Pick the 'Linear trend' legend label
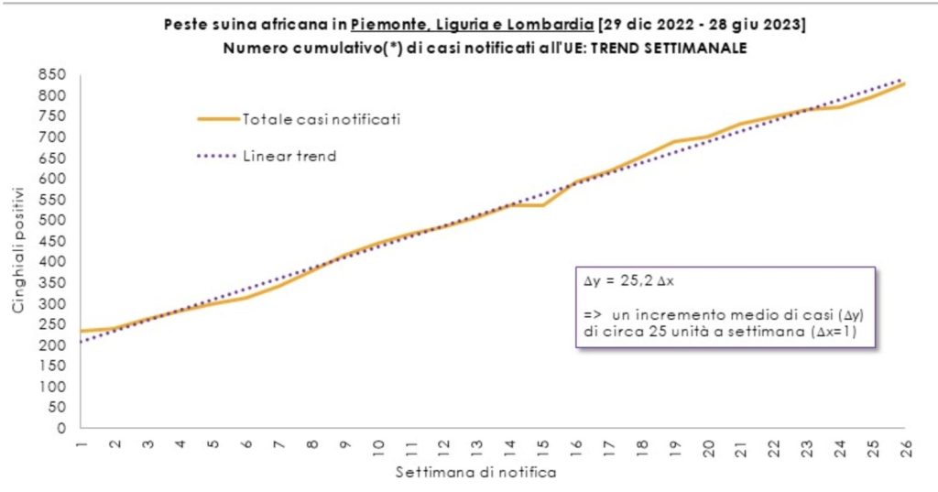coord(289,157)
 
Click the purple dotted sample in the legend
coord(218,157)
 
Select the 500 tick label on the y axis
coord(53,221)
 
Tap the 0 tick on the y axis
coord(62,428)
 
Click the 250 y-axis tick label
coord(53,324)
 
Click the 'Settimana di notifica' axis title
coord(475,473)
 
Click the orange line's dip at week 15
coord(542,205)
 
